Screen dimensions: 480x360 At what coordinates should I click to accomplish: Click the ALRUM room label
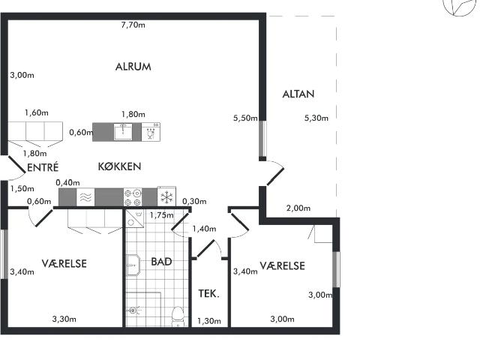coord(133,67)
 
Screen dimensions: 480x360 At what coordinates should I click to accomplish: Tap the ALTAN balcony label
coord(298,94)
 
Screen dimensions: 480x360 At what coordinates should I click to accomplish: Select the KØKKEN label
coord(119,166)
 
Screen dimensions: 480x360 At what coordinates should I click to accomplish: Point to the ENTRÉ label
coord(43,167)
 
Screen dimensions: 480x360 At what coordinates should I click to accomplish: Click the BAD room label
coord(161,262)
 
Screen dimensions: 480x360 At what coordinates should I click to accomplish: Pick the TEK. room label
coord(208,294)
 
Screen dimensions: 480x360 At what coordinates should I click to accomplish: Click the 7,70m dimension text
coord(133,25)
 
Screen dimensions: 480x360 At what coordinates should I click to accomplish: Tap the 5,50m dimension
coord(245,118)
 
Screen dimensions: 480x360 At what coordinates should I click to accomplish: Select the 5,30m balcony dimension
coord(316,118)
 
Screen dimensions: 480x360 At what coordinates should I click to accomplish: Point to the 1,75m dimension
coord(162,215)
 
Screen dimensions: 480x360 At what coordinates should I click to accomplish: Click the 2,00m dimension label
coord(298,208)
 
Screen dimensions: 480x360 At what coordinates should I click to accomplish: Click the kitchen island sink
coord(123,132)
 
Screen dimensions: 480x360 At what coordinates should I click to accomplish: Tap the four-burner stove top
coord(133,197)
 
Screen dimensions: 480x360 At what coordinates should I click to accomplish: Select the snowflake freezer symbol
coord(166,196)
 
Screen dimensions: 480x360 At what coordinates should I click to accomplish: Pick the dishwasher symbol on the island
coord(151,132)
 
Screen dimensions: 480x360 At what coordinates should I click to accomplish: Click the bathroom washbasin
coord(133,265)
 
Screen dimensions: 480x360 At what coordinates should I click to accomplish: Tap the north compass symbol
coord(460,6)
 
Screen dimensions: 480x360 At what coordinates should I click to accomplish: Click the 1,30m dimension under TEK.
coord(209,321)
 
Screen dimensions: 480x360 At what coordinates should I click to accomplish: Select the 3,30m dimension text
coord(64,319)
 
